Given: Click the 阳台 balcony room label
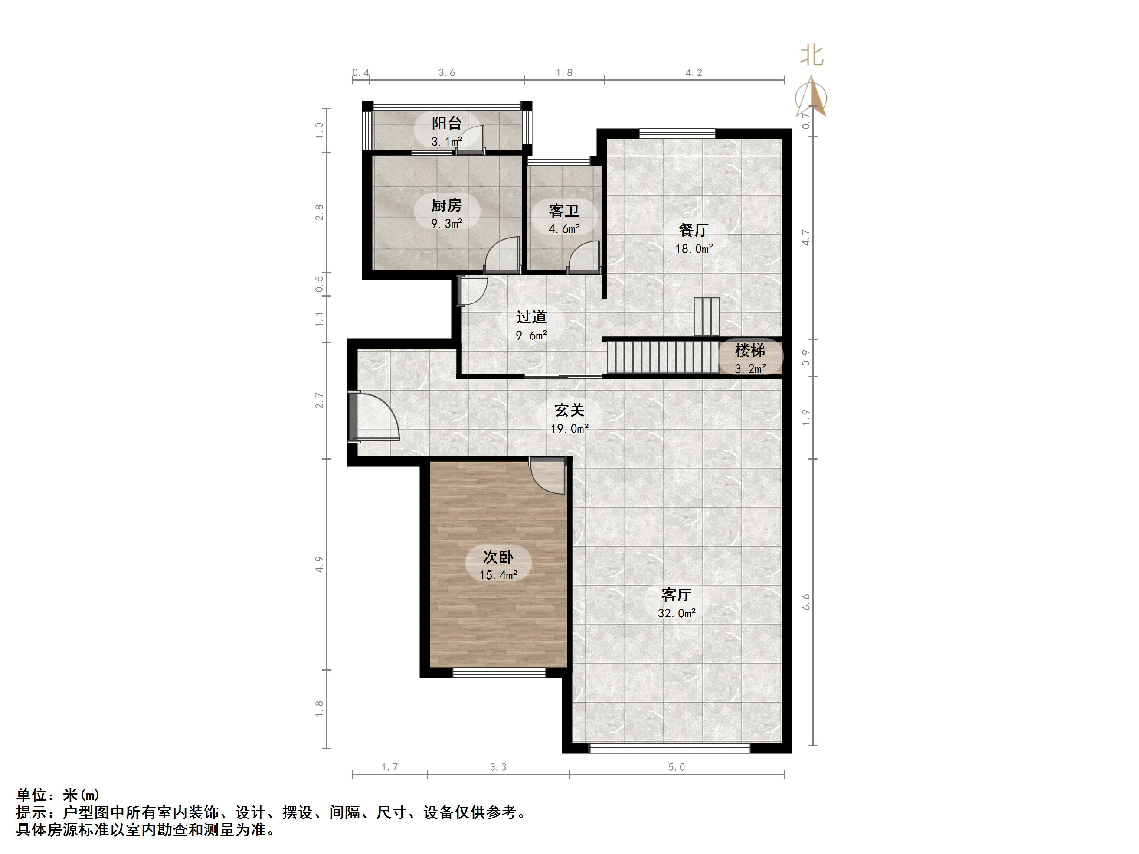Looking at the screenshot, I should click(446, 123).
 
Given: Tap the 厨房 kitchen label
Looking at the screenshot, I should click(446, 205).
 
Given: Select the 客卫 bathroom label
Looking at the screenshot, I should click(564, 211).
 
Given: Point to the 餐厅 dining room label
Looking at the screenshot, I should click(694, 230).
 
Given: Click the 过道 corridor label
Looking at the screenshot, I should click(531, 316).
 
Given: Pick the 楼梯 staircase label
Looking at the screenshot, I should click(750, 351).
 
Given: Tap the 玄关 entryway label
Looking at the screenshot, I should click(569, 410).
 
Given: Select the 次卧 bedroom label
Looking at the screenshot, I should click(498, 557).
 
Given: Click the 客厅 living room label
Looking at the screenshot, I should click(676, 595).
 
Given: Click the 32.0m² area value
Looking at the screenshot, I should click(677, 613).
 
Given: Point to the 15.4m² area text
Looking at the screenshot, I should click(498, 575).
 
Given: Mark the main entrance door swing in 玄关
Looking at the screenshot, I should click(376, 417).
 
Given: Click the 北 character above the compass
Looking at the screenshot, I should click(812, 56).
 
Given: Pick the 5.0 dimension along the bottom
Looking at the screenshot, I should click(677, 767).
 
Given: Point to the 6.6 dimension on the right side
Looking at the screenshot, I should click(806, 602).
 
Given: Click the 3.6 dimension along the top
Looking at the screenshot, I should click(446, 72).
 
